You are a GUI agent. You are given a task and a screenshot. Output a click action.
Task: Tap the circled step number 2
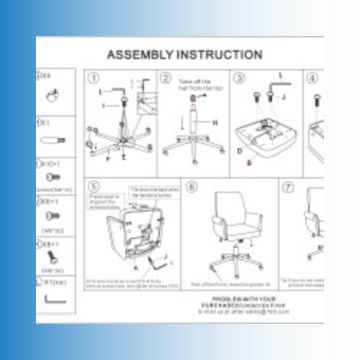coord(166,78)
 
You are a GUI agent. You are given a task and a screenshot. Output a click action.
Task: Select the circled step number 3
coord(240,78)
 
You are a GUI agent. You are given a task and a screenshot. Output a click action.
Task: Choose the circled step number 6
coord(192,187)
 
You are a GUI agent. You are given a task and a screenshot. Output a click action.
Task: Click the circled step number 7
coord(287,187)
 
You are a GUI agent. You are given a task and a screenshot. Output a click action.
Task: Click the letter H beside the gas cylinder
coord(215,123)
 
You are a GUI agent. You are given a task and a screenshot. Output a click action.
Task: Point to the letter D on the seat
coord(240,152)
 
